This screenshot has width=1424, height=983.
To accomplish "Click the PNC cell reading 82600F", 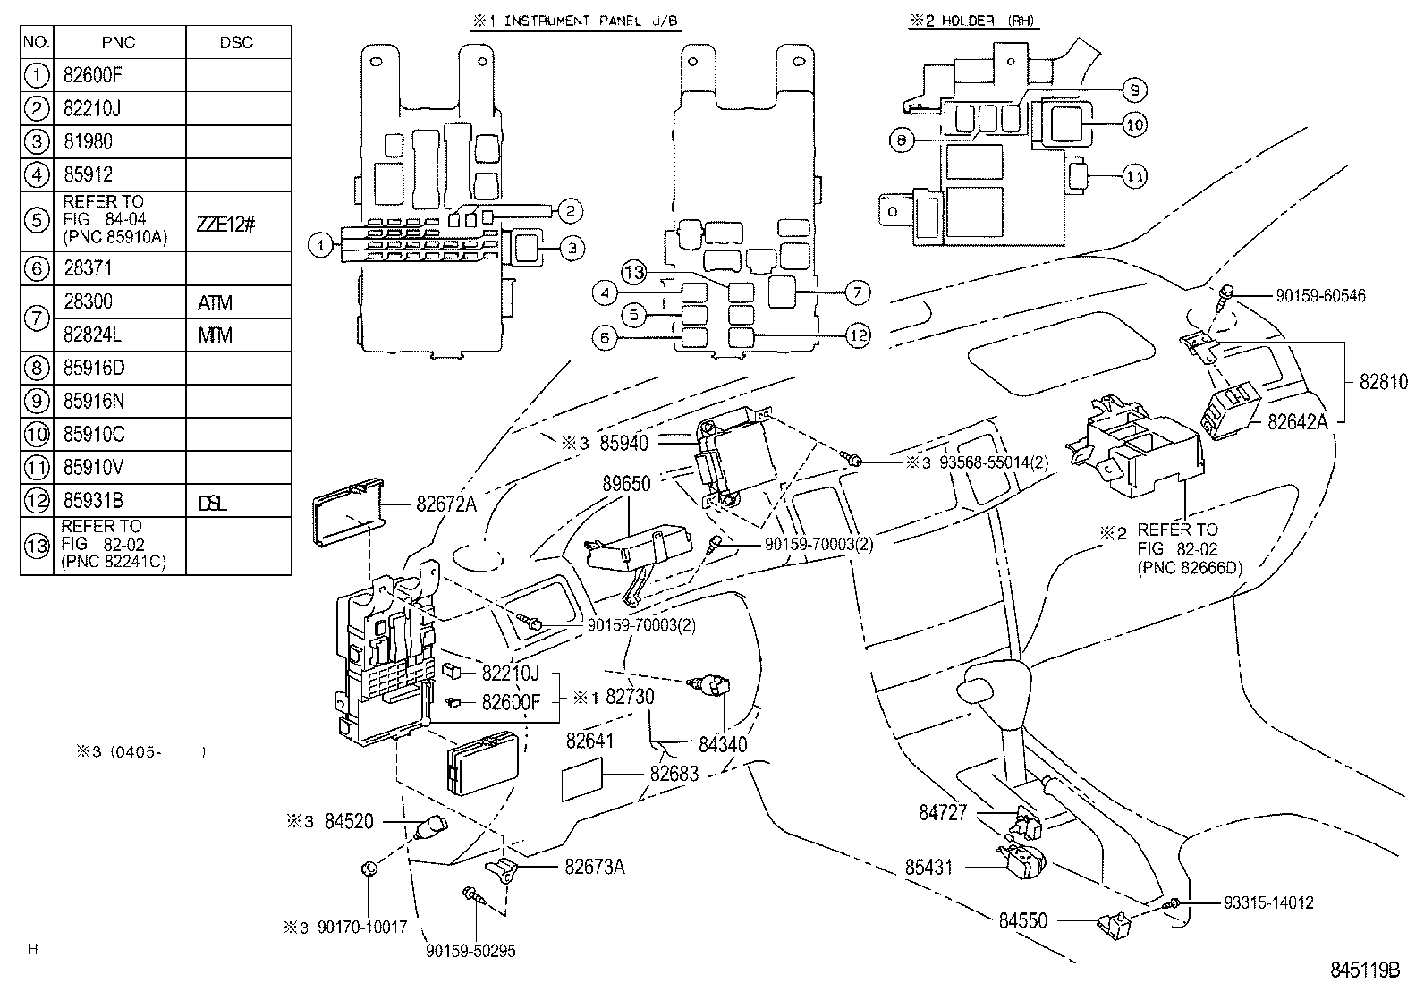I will click(x=92, y=75).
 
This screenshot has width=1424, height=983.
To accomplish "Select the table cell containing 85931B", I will click(x=94, y=501).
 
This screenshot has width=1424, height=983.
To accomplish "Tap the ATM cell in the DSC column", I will click(x=215, y=303).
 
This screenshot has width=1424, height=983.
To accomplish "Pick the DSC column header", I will click(x=236, y=42).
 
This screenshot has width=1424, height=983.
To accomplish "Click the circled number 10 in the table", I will click(x=37, y=435).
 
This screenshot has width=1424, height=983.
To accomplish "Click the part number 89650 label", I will click(x=626, y=483).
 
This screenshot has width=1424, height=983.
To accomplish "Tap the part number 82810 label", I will click(x=1383, y=382).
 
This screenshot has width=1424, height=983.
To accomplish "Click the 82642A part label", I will click(x=1297, y=421).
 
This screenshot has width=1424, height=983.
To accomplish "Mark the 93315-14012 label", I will click(x=1268, y=903).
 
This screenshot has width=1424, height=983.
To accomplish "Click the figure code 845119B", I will click(x=1363, y=969).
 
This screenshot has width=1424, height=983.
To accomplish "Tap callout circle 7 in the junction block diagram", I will click(x=856, y=292).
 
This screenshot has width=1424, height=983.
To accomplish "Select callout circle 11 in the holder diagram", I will click(x=1134, y=177).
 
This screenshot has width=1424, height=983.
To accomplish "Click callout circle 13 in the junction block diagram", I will click(x=634, y=273).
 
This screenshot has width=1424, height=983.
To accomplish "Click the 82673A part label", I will click(x=594, y=866).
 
